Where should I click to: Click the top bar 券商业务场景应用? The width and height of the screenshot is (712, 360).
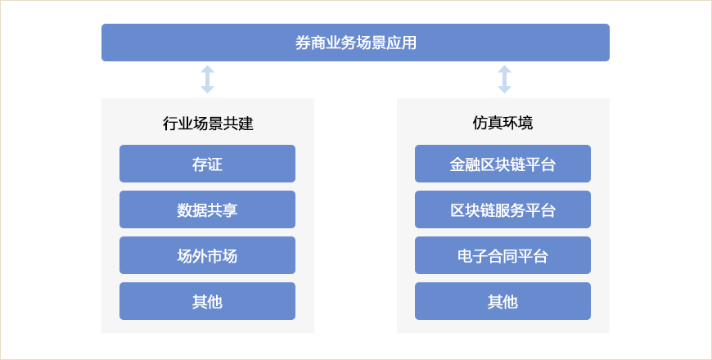tap(355, 43)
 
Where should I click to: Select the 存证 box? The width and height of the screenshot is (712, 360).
tap(208, 164)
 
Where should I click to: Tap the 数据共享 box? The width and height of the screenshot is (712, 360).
tap(208, 209)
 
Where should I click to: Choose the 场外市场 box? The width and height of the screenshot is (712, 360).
tap(208, 255)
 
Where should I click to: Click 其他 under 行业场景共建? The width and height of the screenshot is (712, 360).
tap(208, 301)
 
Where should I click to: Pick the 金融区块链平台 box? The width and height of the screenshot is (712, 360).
tap(502, 164)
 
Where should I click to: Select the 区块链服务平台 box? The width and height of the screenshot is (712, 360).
tap(502, 209)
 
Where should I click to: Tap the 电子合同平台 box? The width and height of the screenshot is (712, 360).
tap(502, 255)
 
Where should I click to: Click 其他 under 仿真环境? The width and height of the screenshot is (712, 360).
tap(502, 301)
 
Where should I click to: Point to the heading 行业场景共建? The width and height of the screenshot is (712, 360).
tap(208, 124)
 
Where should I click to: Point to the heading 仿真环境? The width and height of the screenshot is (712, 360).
tap(502, 123)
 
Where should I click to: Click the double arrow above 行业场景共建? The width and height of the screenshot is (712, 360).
tap(208, 79)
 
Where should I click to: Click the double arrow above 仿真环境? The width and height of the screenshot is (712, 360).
tap(504, 79)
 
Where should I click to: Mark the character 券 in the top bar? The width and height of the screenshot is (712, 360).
tap(303, 43)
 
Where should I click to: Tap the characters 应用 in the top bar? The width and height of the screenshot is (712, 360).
tap(401, 43)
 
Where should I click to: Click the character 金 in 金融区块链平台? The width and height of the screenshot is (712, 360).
tap(457, 164)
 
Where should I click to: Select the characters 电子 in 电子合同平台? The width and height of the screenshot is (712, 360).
tap(472, 256)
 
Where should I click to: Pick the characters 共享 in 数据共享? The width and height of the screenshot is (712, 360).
tap(223, 210)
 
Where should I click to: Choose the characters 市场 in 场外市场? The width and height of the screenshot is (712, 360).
tap(223, 256)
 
